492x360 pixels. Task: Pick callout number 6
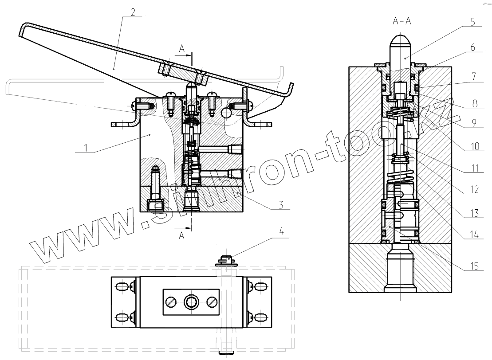(473, 47)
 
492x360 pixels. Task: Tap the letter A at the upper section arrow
(181, 49)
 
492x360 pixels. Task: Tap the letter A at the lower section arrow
(181, 236)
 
